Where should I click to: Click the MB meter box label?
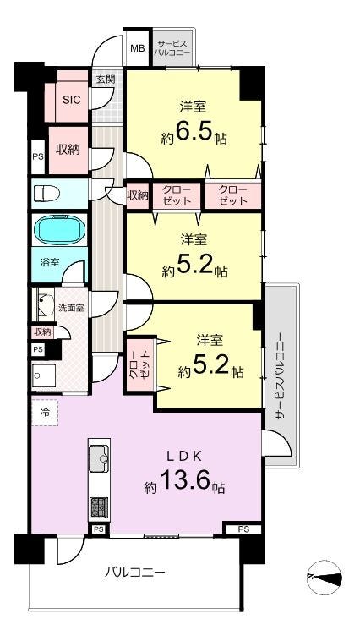tap(137, 48)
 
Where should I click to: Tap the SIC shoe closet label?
tap(71, 99)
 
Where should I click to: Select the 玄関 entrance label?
tap(106, 79)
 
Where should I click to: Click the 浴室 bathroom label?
tap(50, 262)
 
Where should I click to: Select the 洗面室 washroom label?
tap(71, 308)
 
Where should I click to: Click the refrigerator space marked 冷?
tap(45, 413)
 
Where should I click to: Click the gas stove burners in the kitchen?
tap(99, 507)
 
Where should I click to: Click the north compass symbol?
tap(325, 578)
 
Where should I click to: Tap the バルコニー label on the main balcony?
tap(134, 572)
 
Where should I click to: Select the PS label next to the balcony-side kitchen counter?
tap(99, 529)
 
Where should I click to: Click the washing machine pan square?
tap(44, 375)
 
